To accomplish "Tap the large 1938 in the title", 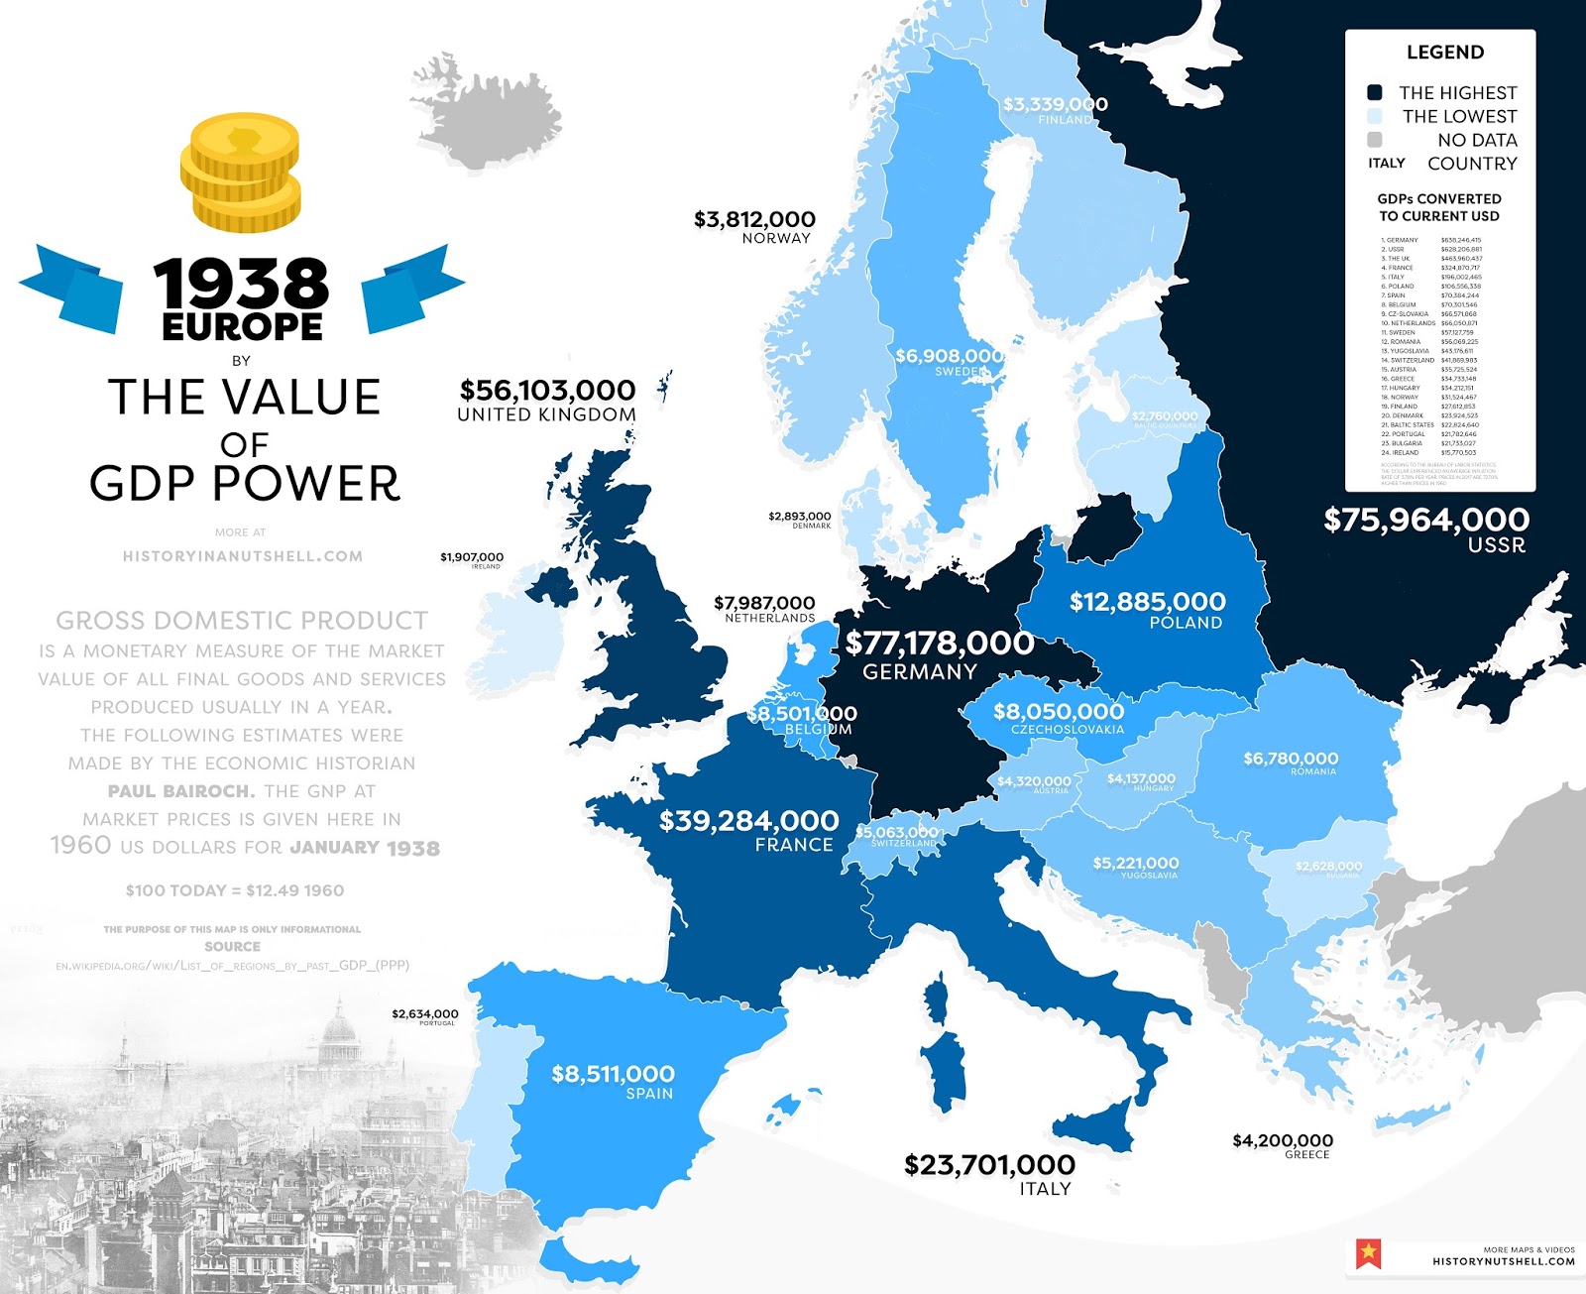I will pyautogui.click(x=241, y=284).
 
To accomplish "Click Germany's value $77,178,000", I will pyautogui.click(x=939, y=644).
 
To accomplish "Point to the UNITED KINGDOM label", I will pyautogui.click(x=546, y=414).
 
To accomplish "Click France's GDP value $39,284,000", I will pyautogui.click(x=748, y=821).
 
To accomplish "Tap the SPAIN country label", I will pyautogui.click(x=649, y=1094).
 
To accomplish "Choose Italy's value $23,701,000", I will pyautogui.click(x=989, y=1164).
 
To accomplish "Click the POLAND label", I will pyautogui.click(x=1186, y=623).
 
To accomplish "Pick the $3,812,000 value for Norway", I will pyautogui.click(x=754, y=219).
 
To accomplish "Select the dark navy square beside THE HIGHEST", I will pyautogui.click(x=1374, y=92).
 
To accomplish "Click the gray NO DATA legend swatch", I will pyautogui.click(x=1374, y=140).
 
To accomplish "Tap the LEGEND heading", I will pyautogui.click(x=1444, y=53).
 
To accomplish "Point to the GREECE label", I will pyautogui.click(x=1306, y=1155).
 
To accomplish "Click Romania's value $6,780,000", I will pyautogui.click(x=1291, y=759).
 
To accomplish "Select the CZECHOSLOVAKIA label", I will pyautogui.click(x=1068, y=730).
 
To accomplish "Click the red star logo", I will pyautogui.click(x=1369, y=1253).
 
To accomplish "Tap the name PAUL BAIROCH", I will pyautogui.click(x=181, y=791).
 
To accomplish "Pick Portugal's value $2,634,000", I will pyautogui.click(x=424, y=1013).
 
